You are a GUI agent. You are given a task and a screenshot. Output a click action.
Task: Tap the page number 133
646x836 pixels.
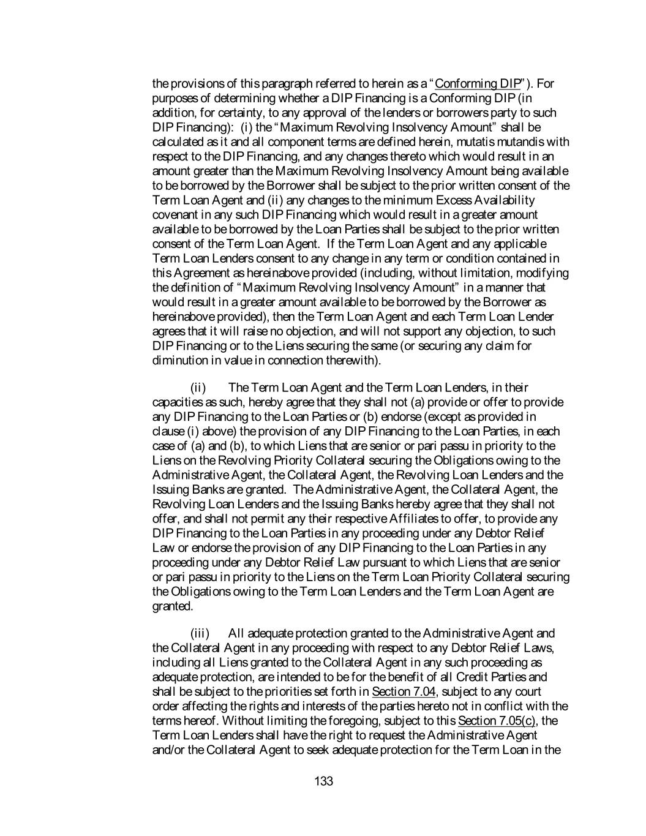323,781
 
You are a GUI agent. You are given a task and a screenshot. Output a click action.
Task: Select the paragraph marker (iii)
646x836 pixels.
200,633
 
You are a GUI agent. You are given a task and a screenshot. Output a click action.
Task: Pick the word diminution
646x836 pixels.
178,360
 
